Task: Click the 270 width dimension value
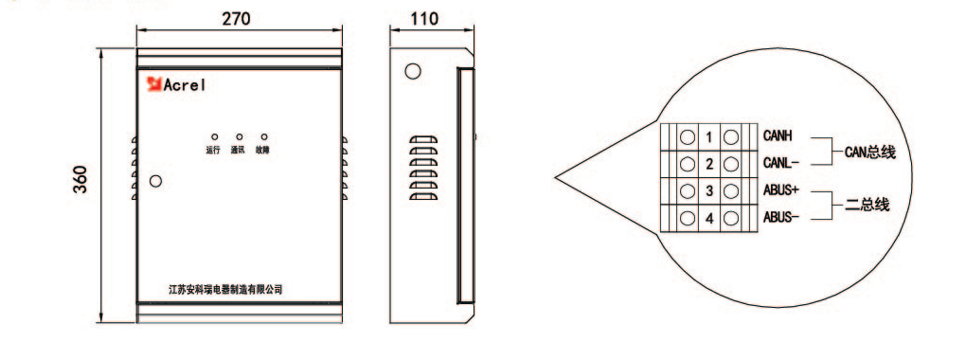click(x=236, y=19)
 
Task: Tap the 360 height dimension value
click(x=80, y=179)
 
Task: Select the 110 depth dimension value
click(x=424, y=19)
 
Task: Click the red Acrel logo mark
click(x=153, y=84)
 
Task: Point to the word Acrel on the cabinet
click(x=185, y=85)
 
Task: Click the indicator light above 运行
click(x=214, y=136)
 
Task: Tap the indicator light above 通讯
click(x=239, y=136)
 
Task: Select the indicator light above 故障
click(x=264, y=136)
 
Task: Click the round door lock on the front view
click(x=156, y=181)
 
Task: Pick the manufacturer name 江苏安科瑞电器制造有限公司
click(x=225, y=289)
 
